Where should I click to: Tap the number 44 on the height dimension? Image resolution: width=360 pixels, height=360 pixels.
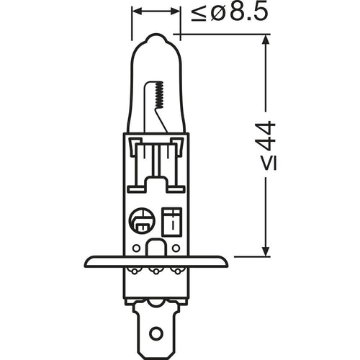coord(267,136)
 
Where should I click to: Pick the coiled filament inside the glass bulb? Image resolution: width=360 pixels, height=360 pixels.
coord(159,95)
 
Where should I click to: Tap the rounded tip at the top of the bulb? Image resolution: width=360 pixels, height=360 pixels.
coord(156,37)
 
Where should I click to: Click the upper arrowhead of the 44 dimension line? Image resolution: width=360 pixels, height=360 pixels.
coord(265,40)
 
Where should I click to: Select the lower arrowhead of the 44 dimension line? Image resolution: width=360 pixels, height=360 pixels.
coord(265,251)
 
